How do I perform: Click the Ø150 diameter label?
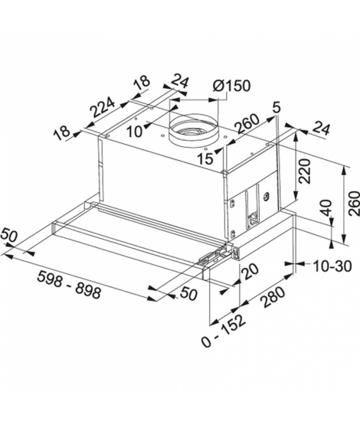click(x=231, y=86)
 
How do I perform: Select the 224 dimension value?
click(x=103, y=107)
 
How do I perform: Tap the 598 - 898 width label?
click(x=69, y=285)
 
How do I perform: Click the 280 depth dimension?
click(x=273, y=297)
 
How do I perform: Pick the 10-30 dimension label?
click(x=332, y=266)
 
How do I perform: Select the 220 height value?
click(x=305, y=171)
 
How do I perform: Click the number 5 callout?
click(x=277, y=107)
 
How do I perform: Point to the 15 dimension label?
click(x=205, y=158)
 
